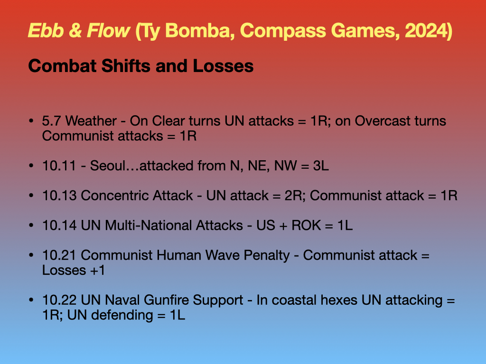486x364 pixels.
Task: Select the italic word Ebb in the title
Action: [46, 30]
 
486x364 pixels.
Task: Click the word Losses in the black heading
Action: [223, 66]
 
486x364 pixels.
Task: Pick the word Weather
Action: [91, 121]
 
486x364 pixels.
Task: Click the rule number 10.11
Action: [59, 165]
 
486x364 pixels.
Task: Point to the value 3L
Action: [321, 165]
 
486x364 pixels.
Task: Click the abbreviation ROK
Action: [306, 225]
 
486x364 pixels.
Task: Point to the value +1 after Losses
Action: [97, 271]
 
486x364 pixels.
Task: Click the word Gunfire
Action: [166, 300]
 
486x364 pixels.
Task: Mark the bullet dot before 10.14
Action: [31, 225]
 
